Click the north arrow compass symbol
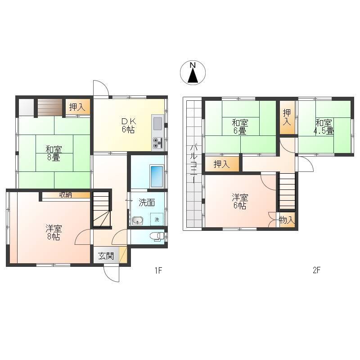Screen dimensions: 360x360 click(x=193, y=72)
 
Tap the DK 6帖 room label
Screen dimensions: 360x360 click(x=128, y=126)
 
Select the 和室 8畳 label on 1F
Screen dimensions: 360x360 click(x=54, y=153)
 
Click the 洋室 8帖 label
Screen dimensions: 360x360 click(x=54, y=233)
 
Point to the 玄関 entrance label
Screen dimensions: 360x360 click(x=106, y=256)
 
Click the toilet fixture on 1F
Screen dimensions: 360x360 click(x=157, y=237)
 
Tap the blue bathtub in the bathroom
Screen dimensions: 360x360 click(x=157, y=176)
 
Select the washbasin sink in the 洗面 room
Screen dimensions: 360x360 click(x=138, y=220)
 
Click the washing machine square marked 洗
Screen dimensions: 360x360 click(x=157, y=219)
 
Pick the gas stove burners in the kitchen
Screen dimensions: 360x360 click(x=157, y=143)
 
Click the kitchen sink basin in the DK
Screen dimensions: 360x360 click(x=157, y=123)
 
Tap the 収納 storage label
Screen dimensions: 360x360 click(x=66, y=195)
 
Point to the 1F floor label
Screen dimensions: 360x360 click(x=158, y=270)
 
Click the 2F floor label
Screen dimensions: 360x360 click(x=316, y=270)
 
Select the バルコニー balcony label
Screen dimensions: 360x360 click(x=194, y=164)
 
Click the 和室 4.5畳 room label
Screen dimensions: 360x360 click(x=324, y=126)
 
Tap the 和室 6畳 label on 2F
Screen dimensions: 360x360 click(x=240, y=127)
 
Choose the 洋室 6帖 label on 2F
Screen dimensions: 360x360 click(x=240, y=202)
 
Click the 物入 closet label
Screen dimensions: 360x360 click(x=287, y=220)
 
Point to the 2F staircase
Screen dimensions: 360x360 click(x=287, y=192)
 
